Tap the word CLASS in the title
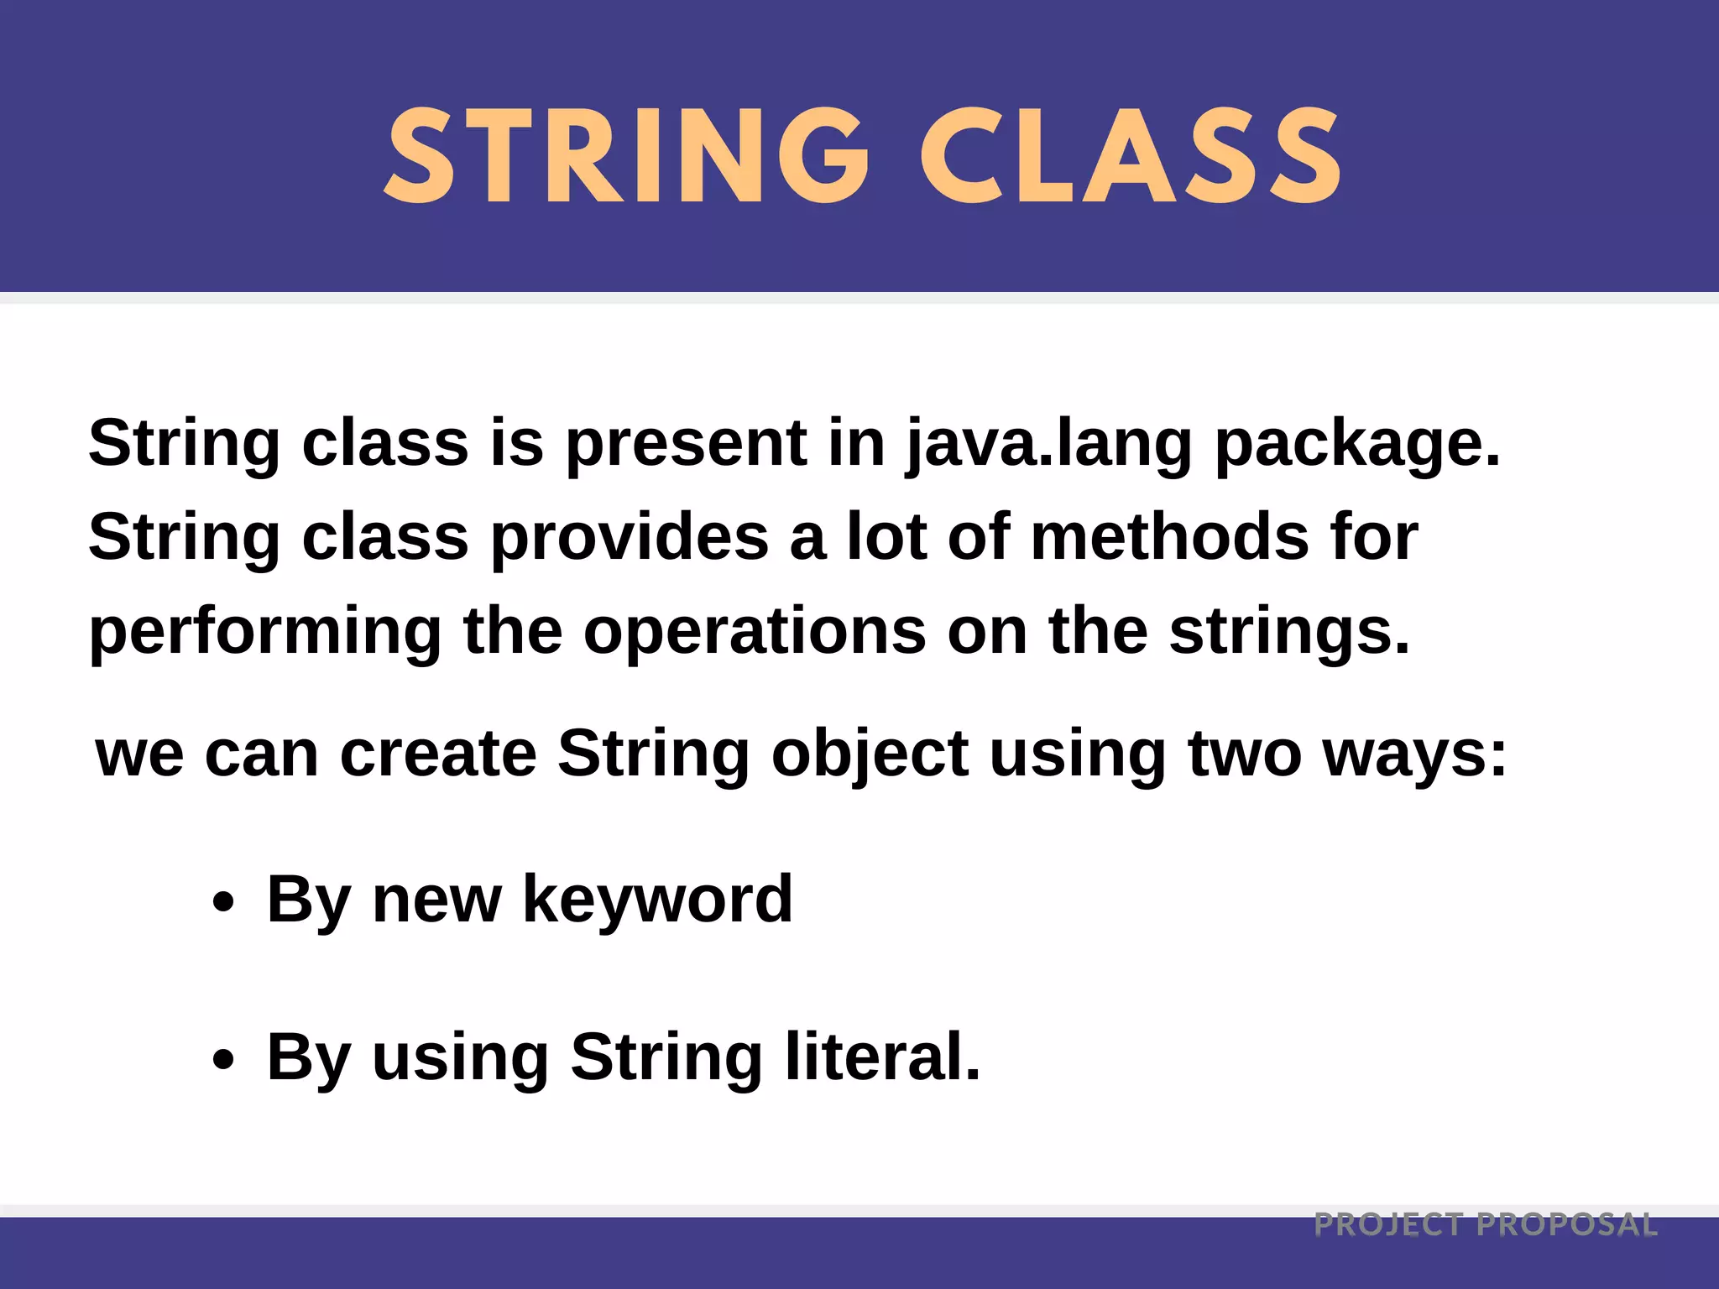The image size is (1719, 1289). (x=1131, y=157)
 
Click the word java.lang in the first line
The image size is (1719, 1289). (x=1049, y=445)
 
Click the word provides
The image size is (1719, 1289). (x=630, y=538)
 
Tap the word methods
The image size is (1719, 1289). (x=1169, y=538)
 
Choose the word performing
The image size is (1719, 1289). (x=265, y=633)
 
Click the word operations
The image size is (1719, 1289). (x=755, y=631)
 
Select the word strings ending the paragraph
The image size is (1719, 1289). (x=1289, y=633)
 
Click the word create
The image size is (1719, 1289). (x=438, y=754)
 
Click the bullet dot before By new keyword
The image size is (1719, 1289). (x=223, y=904)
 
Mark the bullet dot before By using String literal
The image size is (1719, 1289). (x=223, y=1059)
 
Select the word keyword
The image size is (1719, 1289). (x=657, y=900)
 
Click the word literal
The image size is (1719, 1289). (x=883, y=1057)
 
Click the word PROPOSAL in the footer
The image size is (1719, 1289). (x=1567, y=1225)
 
